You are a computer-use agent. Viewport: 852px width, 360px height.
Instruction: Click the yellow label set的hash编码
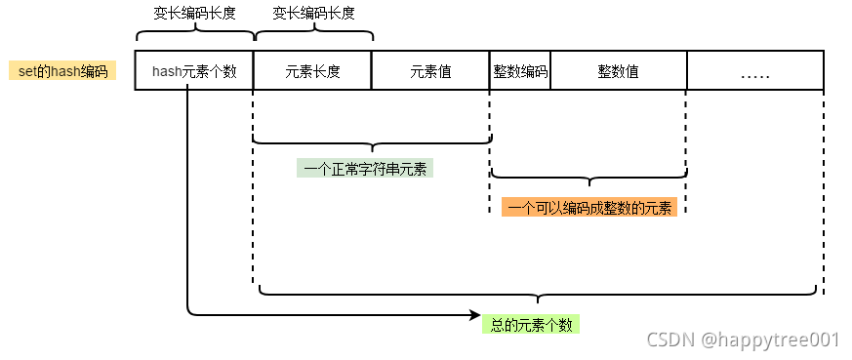pos(62,71)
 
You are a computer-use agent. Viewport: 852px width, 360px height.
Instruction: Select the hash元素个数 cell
pos(194,71)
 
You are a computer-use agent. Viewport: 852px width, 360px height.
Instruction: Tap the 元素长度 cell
pos(312,71)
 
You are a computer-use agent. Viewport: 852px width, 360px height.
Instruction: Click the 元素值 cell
pos(430,71)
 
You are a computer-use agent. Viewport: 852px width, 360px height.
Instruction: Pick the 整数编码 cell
pos(520,71)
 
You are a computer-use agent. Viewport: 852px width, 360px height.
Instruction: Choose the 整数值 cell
pos(619,71)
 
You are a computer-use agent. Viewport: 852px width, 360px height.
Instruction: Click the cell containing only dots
pos(755,71)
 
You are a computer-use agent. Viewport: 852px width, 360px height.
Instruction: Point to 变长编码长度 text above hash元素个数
pos(194,13)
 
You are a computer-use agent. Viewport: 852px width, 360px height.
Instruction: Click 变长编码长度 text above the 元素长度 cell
pos(312,13)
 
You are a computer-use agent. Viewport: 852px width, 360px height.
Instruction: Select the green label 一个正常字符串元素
pos(365,168)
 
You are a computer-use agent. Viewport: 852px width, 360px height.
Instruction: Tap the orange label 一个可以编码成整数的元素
pos(589,207)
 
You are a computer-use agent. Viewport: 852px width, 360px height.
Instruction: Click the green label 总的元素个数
pos(530,324)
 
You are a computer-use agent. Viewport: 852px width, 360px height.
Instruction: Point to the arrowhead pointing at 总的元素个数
pos(475,315)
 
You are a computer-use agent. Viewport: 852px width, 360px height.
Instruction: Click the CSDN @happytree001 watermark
pos(743,340)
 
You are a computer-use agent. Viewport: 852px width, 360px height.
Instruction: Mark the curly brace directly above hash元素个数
pos(194,34)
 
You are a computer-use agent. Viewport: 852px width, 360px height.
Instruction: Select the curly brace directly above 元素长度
pos(312,34)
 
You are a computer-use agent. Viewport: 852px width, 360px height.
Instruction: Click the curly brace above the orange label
pos(588,178)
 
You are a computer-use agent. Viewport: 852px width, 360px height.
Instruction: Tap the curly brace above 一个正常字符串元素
pos(371,143)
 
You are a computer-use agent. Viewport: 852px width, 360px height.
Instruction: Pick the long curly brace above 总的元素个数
pos(538,292)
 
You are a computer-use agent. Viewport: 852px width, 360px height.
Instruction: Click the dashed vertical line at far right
pos(824,195)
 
